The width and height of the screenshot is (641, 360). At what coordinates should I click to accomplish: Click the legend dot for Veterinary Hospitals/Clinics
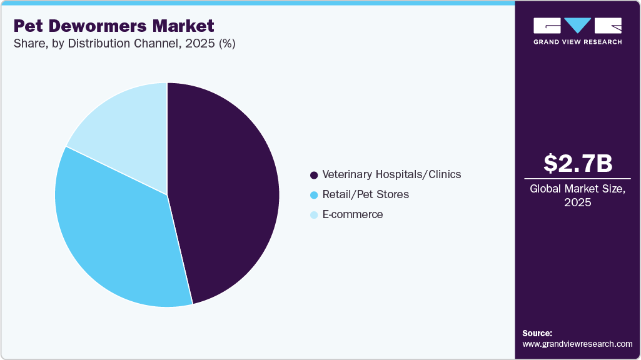click(314, 175)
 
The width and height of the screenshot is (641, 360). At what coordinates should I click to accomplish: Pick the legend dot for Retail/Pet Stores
click(314, 195)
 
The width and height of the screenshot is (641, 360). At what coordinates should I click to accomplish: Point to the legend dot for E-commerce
click(314, 215)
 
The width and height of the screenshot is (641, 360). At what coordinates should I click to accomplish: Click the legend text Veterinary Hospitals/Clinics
click(391, 175)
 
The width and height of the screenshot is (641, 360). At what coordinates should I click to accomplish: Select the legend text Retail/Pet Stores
click(365, 195)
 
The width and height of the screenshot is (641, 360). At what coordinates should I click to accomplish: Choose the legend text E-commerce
click(352, 215)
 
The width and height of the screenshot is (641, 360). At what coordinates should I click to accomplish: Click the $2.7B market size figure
click(577, 164)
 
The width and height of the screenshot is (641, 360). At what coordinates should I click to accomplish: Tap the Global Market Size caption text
click(577, 189)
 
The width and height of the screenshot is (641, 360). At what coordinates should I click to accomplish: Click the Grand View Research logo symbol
click(577, 26)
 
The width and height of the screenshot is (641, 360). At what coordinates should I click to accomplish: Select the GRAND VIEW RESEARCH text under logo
click(577, 42)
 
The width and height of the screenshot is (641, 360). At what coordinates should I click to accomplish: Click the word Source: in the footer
click(537, 333)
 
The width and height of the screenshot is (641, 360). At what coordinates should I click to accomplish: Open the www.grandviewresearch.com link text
click(577, 344)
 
